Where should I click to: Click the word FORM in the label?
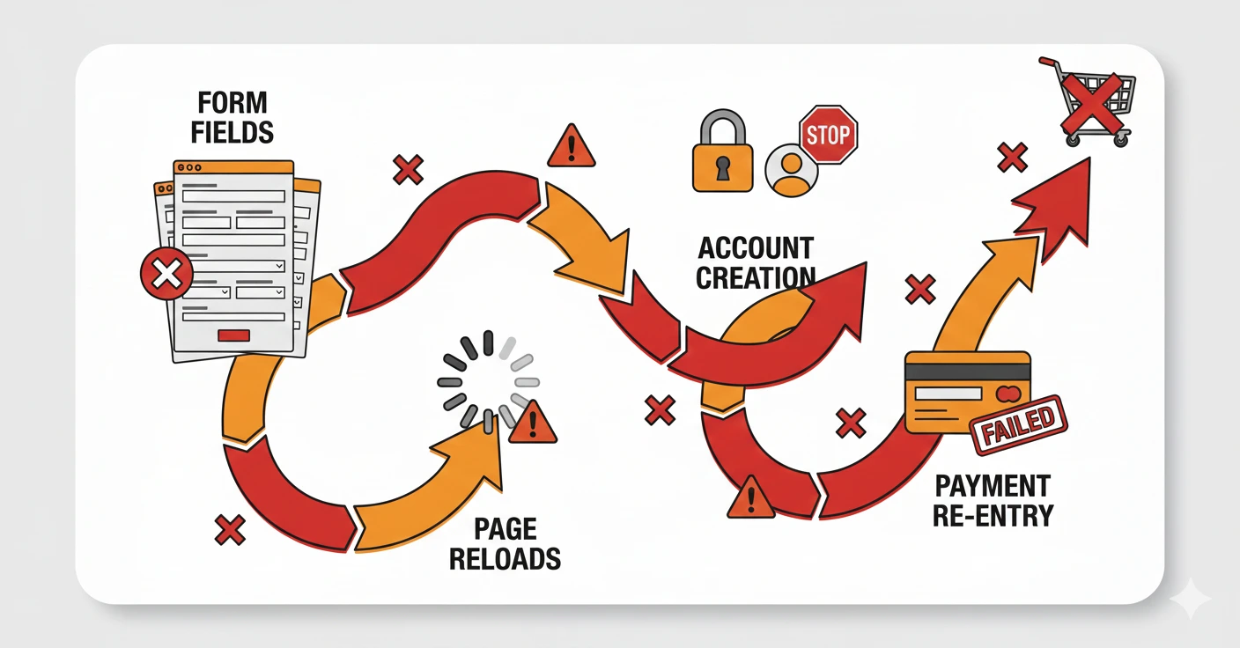233,102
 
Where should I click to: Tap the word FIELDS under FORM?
233,131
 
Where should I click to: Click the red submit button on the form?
233,335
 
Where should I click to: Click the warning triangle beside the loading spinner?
534,422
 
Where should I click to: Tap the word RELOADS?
505,557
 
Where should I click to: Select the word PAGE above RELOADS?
505,528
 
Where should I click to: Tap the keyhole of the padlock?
723,168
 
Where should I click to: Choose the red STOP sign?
827,135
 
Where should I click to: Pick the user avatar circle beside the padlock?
792,171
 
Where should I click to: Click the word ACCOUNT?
755,247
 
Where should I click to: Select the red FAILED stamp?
1018,424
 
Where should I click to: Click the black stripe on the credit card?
968,372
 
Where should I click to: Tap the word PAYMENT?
992,485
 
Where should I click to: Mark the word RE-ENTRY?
992,514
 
